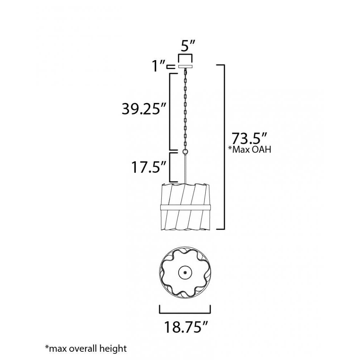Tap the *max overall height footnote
pyautogui.click(x=86, y=348)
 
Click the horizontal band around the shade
pyautogui.click(x=185, y=208)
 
